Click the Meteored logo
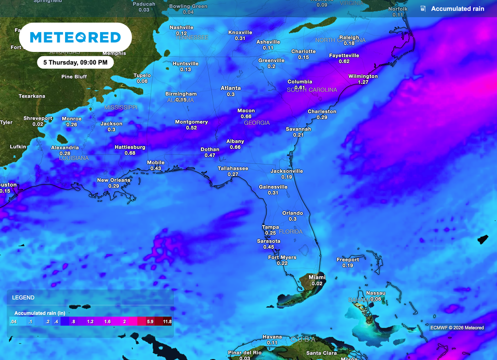75,37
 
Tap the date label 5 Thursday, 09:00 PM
75,62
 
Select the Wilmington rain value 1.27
363,82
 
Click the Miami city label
317,277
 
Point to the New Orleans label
114,180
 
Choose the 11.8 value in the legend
166,322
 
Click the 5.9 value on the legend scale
150,322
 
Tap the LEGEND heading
23,297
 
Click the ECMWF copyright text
457,327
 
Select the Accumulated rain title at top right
457,9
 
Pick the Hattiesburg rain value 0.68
130,153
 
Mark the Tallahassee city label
232,168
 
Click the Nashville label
181,27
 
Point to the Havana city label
272,337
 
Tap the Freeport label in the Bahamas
348,260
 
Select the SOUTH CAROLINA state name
312,90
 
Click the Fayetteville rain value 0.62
344,62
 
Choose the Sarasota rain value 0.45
268,247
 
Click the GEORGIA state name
257,123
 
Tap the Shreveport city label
38,118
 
